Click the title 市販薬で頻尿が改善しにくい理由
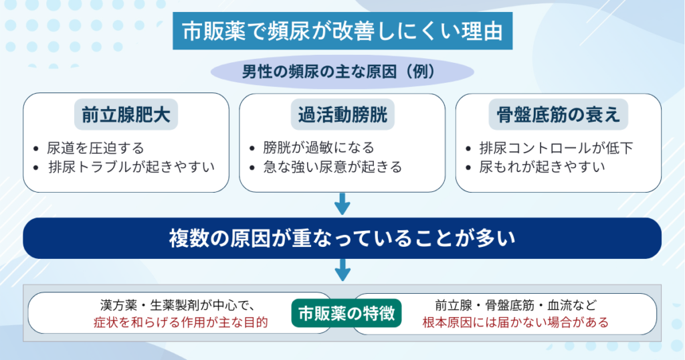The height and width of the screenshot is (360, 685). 342,31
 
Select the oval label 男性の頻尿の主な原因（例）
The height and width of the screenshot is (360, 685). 342,72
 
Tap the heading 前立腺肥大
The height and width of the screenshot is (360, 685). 126,114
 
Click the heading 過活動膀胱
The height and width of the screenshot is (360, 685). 342,114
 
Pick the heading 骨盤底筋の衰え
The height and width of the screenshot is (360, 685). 559,114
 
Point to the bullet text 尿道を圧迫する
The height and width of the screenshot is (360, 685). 95,148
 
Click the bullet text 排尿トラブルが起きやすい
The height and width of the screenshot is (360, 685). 132,167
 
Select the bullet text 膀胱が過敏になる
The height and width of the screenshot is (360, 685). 318,148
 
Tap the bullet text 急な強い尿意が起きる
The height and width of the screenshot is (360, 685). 332,167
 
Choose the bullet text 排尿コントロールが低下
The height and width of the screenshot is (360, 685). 556,148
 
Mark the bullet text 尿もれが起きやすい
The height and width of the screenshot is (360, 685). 542,167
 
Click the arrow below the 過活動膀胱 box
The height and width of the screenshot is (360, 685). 342,204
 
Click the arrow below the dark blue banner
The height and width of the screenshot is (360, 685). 342,270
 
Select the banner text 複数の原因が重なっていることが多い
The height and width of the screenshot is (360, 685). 342,238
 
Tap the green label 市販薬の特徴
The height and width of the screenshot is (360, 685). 347,313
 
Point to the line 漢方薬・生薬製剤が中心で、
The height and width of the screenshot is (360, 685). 177,305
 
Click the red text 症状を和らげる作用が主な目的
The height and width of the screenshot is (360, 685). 181,323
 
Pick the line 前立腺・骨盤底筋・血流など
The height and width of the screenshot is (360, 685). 516,305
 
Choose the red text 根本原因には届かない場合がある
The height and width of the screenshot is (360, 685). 516,323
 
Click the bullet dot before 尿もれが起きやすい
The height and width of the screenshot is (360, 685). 469,167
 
